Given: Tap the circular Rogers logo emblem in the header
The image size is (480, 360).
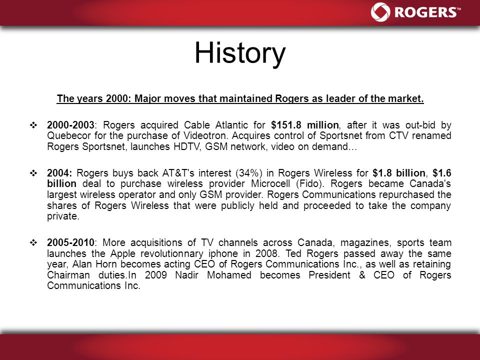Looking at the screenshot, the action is pos(380,12).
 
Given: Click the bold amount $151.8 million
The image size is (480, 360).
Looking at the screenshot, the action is pos(305,125).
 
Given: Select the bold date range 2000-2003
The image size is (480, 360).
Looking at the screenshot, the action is pos(70,125).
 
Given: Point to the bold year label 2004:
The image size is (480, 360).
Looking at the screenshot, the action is pos(59,173).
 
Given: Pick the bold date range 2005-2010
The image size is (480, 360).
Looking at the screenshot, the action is pos(70,242).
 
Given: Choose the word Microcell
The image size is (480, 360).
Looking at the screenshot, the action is pos(270,183).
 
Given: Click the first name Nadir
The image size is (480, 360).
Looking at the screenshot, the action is pos(186,275).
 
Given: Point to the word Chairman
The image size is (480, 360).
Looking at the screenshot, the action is pos(68,275).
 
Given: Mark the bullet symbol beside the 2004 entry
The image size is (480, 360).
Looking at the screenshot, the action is pos(33,173).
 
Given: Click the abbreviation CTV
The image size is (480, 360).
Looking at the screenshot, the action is pos(398,135).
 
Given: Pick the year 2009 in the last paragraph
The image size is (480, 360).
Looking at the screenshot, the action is pos(156,275).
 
